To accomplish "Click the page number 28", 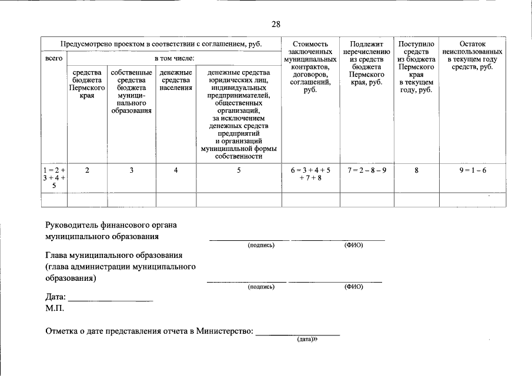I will tap(276, 24).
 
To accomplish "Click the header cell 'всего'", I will tap(53, 59).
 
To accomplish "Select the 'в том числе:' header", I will tap(174, 59).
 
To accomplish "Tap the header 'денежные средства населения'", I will tap(176, 80).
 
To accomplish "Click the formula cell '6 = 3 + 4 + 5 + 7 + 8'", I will tap(310, 174).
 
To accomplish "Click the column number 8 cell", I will tap(416, 170).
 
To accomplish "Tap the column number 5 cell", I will tap(239, 170).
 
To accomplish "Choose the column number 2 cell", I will tap(87, 170).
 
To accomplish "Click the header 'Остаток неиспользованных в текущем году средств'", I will tap(472, 55).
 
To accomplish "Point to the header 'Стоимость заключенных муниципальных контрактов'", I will tap(310, 67).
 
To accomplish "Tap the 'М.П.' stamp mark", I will tap(55, 308).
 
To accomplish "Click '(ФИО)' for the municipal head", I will tap(353, 287).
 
